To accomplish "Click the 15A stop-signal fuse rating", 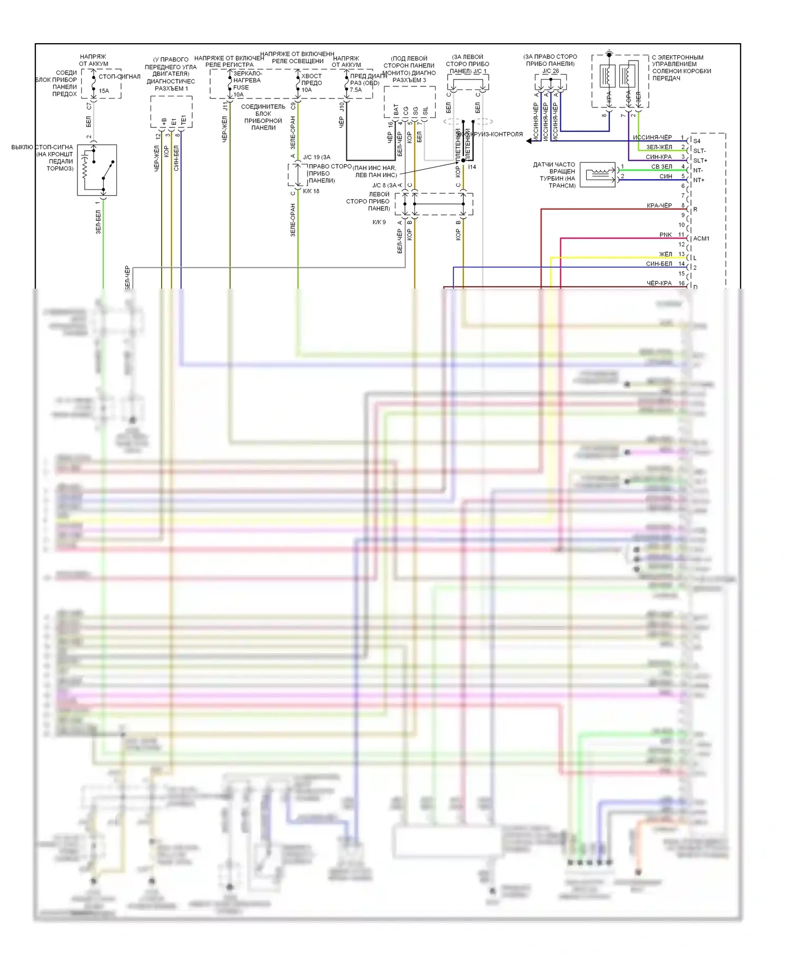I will pos(104,91).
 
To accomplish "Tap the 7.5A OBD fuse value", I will pos(356,90).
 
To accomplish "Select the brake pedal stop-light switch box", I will pos(97,170).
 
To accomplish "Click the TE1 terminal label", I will pos(183,120).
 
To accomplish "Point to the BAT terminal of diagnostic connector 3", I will pos(396,110).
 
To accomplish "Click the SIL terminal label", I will pos(425,111).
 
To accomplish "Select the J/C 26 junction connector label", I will pos(550,71).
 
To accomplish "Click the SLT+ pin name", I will pos(700,161).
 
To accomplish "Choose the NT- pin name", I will pos(698,170).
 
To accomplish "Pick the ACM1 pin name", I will pos(701,239).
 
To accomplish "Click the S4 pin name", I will pos(697,141).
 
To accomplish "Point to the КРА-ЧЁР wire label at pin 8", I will pos(659,205).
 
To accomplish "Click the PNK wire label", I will pos(665,235).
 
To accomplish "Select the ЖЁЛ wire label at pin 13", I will pos(665,254).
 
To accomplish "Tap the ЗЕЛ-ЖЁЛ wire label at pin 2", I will pos(659,147).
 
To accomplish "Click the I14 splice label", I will pos(472,167).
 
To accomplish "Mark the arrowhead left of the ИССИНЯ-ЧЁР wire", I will pos(528,141).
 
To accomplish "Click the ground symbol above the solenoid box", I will pos(609,54).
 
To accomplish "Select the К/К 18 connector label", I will pos(311,191).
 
